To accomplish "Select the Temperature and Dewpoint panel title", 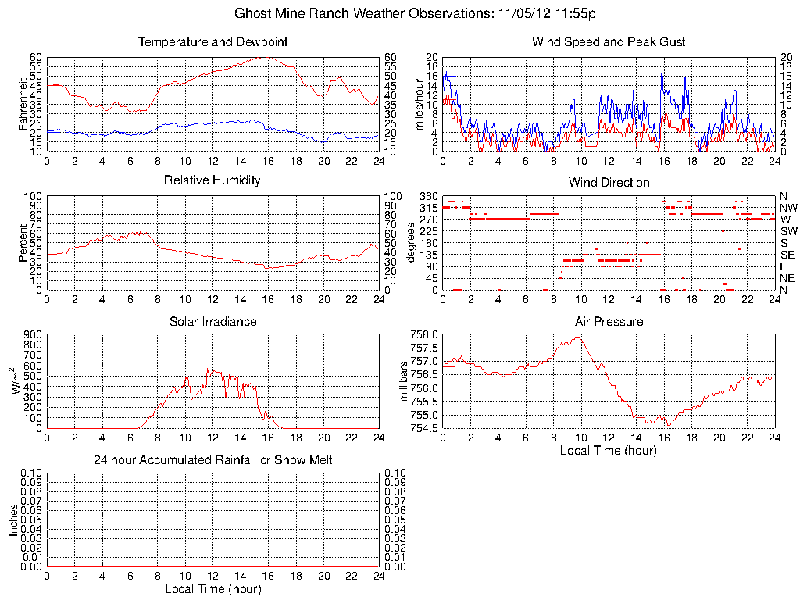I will pyautogui.click(x=212, y=41).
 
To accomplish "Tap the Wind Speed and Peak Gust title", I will pyautogui.click(x=609, y=41).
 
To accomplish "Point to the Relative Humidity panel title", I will pyautogui.click(x=212, y=180).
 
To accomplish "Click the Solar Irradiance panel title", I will pyautogui.click(x=212, y=321).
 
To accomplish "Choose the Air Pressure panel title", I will pyautogui.click(x=609, y=321).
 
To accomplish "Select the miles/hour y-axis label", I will pyautogui.click(x=419, y=104).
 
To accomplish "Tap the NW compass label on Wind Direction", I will pyautogui.click(x=787, y=208).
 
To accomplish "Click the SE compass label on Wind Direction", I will pyautogui.click(x=787, y=255).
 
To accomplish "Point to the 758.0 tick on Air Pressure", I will pyautogui.click(x=423, y=334).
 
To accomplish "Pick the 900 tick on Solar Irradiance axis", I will pyautogui.click(x=32, y=334).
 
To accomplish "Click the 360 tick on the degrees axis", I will pyautogui.click(x=428, y=195).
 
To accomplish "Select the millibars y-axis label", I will pyautogui.click(x=404, y=381).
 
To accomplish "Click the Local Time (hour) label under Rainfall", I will pyautogui.click(x=212, y=588).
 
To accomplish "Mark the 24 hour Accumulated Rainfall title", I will pyautogui.click(x=212, y=460).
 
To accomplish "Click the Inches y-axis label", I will pyautogui.click(x=13, y=520).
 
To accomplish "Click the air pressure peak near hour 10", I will pyautogui.click(x=578, y=337).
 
